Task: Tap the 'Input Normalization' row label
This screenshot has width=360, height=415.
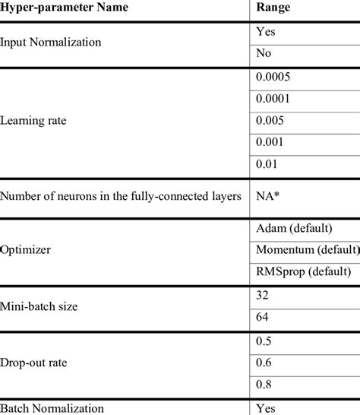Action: (52, 43)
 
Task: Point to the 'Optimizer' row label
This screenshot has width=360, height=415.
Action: (28, 249)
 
